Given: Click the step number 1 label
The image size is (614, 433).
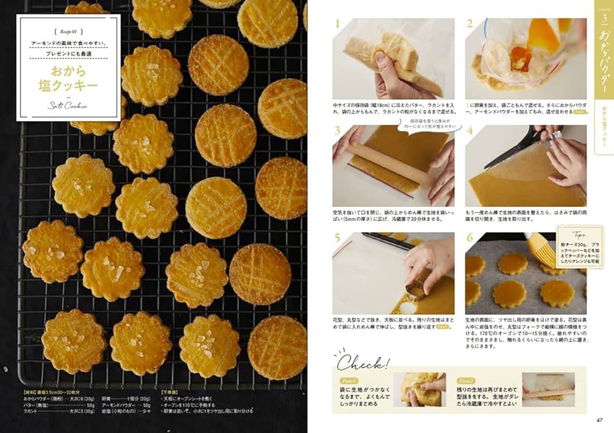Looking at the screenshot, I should click(x=337, y=25).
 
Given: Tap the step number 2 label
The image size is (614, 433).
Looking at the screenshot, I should click(x=470, y=25).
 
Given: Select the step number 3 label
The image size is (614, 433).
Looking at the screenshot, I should click(x=337, y=131).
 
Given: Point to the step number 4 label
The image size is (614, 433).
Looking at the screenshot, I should click(x=470, y=131).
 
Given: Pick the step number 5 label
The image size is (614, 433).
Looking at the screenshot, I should click(x=337, y=238).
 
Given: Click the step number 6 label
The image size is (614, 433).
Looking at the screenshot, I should click(x=470, y=238).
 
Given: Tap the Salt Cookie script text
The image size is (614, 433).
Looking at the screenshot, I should click(x=68, y=105).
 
